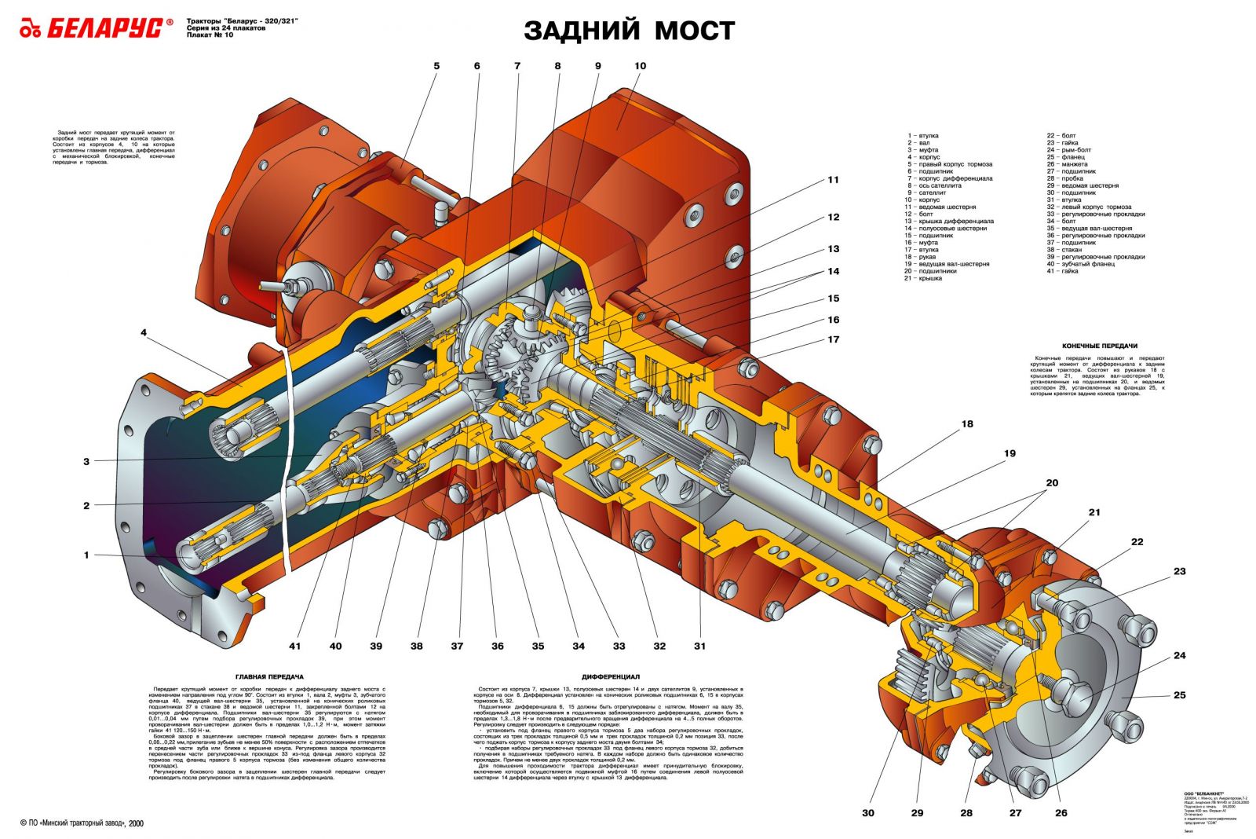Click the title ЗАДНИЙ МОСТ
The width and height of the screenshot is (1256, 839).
coord(629,31)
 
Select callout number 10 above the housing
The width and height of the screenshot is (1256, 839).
coord(640,66)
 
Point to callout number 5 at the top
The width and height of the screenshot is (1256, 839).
coord(436,66)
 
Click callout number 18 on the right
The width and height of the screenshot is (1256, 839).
coord(967,424)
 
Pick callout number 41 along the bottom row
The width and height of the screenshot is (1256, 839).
coord(294,646)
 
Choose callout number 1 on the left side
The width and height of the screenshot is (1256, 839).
coord(86,555)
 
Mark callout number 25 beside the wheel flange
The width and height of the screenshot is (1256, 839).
coord(1179,695)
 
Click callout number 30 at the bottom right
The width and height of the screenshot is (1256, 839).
coord(867,812)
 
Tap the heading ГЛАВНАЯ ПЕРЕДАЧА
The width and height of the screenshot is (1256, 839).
coord(269,676)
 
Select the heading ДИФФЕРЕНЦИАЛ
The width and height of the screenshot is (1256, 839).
coord(611,676)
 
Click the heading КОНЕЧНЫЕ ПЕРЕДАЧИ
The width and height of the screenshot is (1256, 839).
coord(1099,346)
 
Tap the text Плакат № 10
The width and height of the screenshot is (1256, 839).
coord(210,35)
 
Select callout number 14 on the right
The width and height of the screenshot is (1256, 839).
coord(833,271)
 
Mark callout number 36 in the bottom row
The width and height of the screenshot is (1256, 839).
coord(497,646)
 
